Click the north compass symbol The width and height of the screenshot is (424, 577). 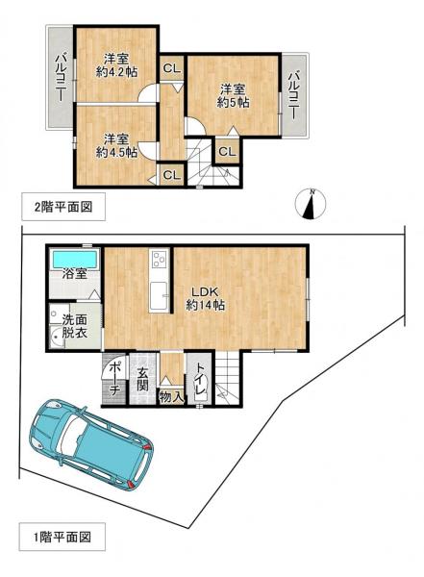point(312,204)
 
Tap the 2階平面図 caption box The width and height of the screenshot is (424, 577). point(58,205)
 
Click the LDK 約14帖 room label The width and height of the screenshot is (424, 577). point(206,297)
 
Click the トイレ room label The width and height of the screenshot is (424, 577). point(199,375)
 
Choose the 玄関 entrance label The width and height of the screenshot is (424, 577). point(142,378)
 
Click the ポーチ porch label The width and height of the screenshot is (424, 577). point(114,378)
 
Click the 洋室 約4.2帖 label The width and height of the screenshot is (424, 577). point(116,64)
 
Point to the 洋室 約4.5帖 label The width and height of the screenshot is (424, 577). point(116,144)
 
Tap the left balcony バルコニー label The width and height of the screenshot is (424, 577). point(59,79)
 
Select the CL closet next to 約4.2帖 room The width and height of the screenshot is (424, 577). point(170,68)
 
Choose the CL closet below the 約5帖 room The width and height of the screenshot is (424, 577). point(227,152)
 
